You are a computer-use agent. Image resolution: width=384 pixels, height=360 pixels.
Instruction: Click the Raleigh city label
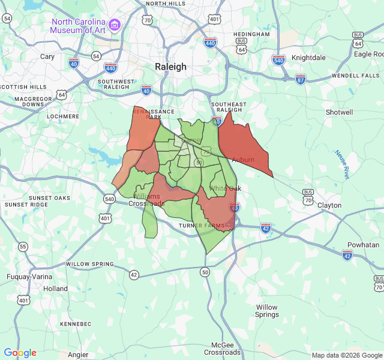[x=171, y=67]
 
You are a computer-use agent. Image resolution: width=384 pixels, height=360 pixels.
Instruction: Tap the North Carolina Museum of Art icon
[x=115, y=25]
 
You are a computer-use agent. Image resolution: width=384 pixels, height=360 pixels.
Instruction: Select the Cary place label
[x=47, y=56]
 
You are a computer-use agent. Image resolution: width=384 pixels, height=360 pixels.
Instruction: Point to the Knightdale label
[x=308, y=58]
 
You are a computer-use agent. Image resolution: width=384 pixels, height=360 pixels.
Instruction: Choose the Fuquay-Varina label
[x=30, y=277]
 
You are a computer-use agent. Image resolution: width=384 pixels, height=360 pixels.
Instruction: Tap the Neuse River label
[x=342, y=164]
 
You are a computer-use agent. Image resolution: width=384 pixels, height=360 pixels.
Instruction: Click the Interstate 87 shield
[x=301, y=79]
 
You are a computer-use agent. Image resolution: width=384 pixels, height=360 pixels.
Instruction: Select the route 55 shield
[x=23, y=247]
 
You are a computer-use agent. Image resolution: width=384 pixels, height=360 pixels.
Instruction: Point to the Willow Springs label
[x=267, y=311]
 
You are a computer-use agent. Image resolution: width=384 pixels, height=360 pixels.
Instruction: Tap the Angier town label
[x=78, y=355]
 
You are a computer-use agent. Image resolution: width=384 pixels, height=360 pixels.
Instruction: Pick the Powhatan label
[x=364, y=245]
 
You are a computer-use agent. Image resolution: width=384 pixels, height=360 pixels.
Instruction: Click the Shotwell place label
[x=339, y=112]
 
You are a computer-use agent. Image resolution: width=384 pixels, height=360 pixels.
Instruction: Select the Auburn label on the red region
[x=243, y=160]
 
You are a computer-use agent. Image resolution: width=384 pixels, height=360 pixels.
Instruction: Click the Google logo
[x=20, y=353]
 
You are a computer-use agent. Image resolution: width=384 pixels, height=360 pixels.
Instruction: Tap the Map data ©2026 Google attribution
[x=346, y=355]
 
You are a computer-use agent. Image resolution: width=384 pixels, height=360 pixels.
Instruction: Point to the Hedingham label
[x=252, y=34]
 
